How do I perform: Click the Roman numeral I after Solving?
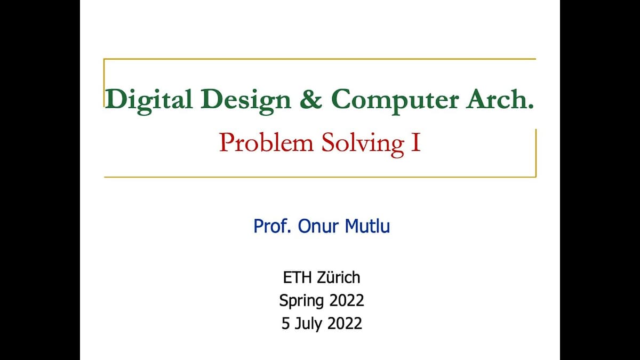click(416, 143)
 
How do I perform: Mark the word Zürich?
click(339, 277)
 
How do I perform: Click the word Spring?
click(301, 301)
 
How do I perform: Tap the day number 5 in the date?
click(286, 324)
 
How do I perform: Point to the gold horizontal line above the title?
click(320, 59)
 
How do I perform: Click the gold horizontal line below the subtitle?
click(320, 177)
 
